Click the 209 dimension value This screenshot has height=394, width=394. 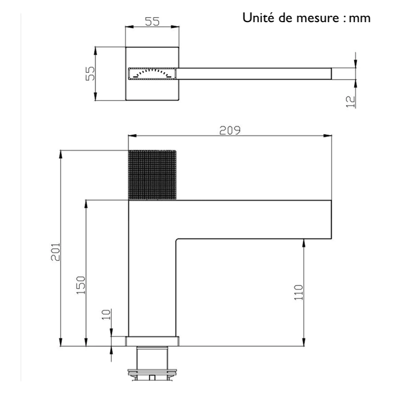tap(229, 131)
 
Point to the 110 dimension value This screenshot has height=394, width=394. tap(298, 293)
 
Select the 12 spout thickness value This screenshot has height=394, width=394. tap(350, 100)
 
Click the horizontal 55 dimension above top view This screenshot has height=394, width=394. tap(152, 21)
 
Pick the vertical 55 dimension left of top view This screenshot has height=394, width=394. tap(90, 73)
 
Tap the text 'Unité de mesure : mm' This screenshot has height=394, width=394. tap(306, 19)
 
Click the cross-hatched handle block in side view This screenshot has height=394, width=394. tap(152, 175)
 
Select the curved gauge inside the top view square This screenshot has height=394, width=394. tap(152, 73)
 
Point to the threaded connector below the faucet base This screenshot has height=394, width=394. tap(152, 364)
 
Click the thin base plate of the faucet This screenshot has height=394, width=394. tap(152, 341)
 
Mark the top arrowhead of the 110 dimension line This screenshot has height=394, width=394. tap(303, 243)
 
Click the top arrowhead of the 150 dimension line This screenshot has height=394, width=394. tap(86, 203)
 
